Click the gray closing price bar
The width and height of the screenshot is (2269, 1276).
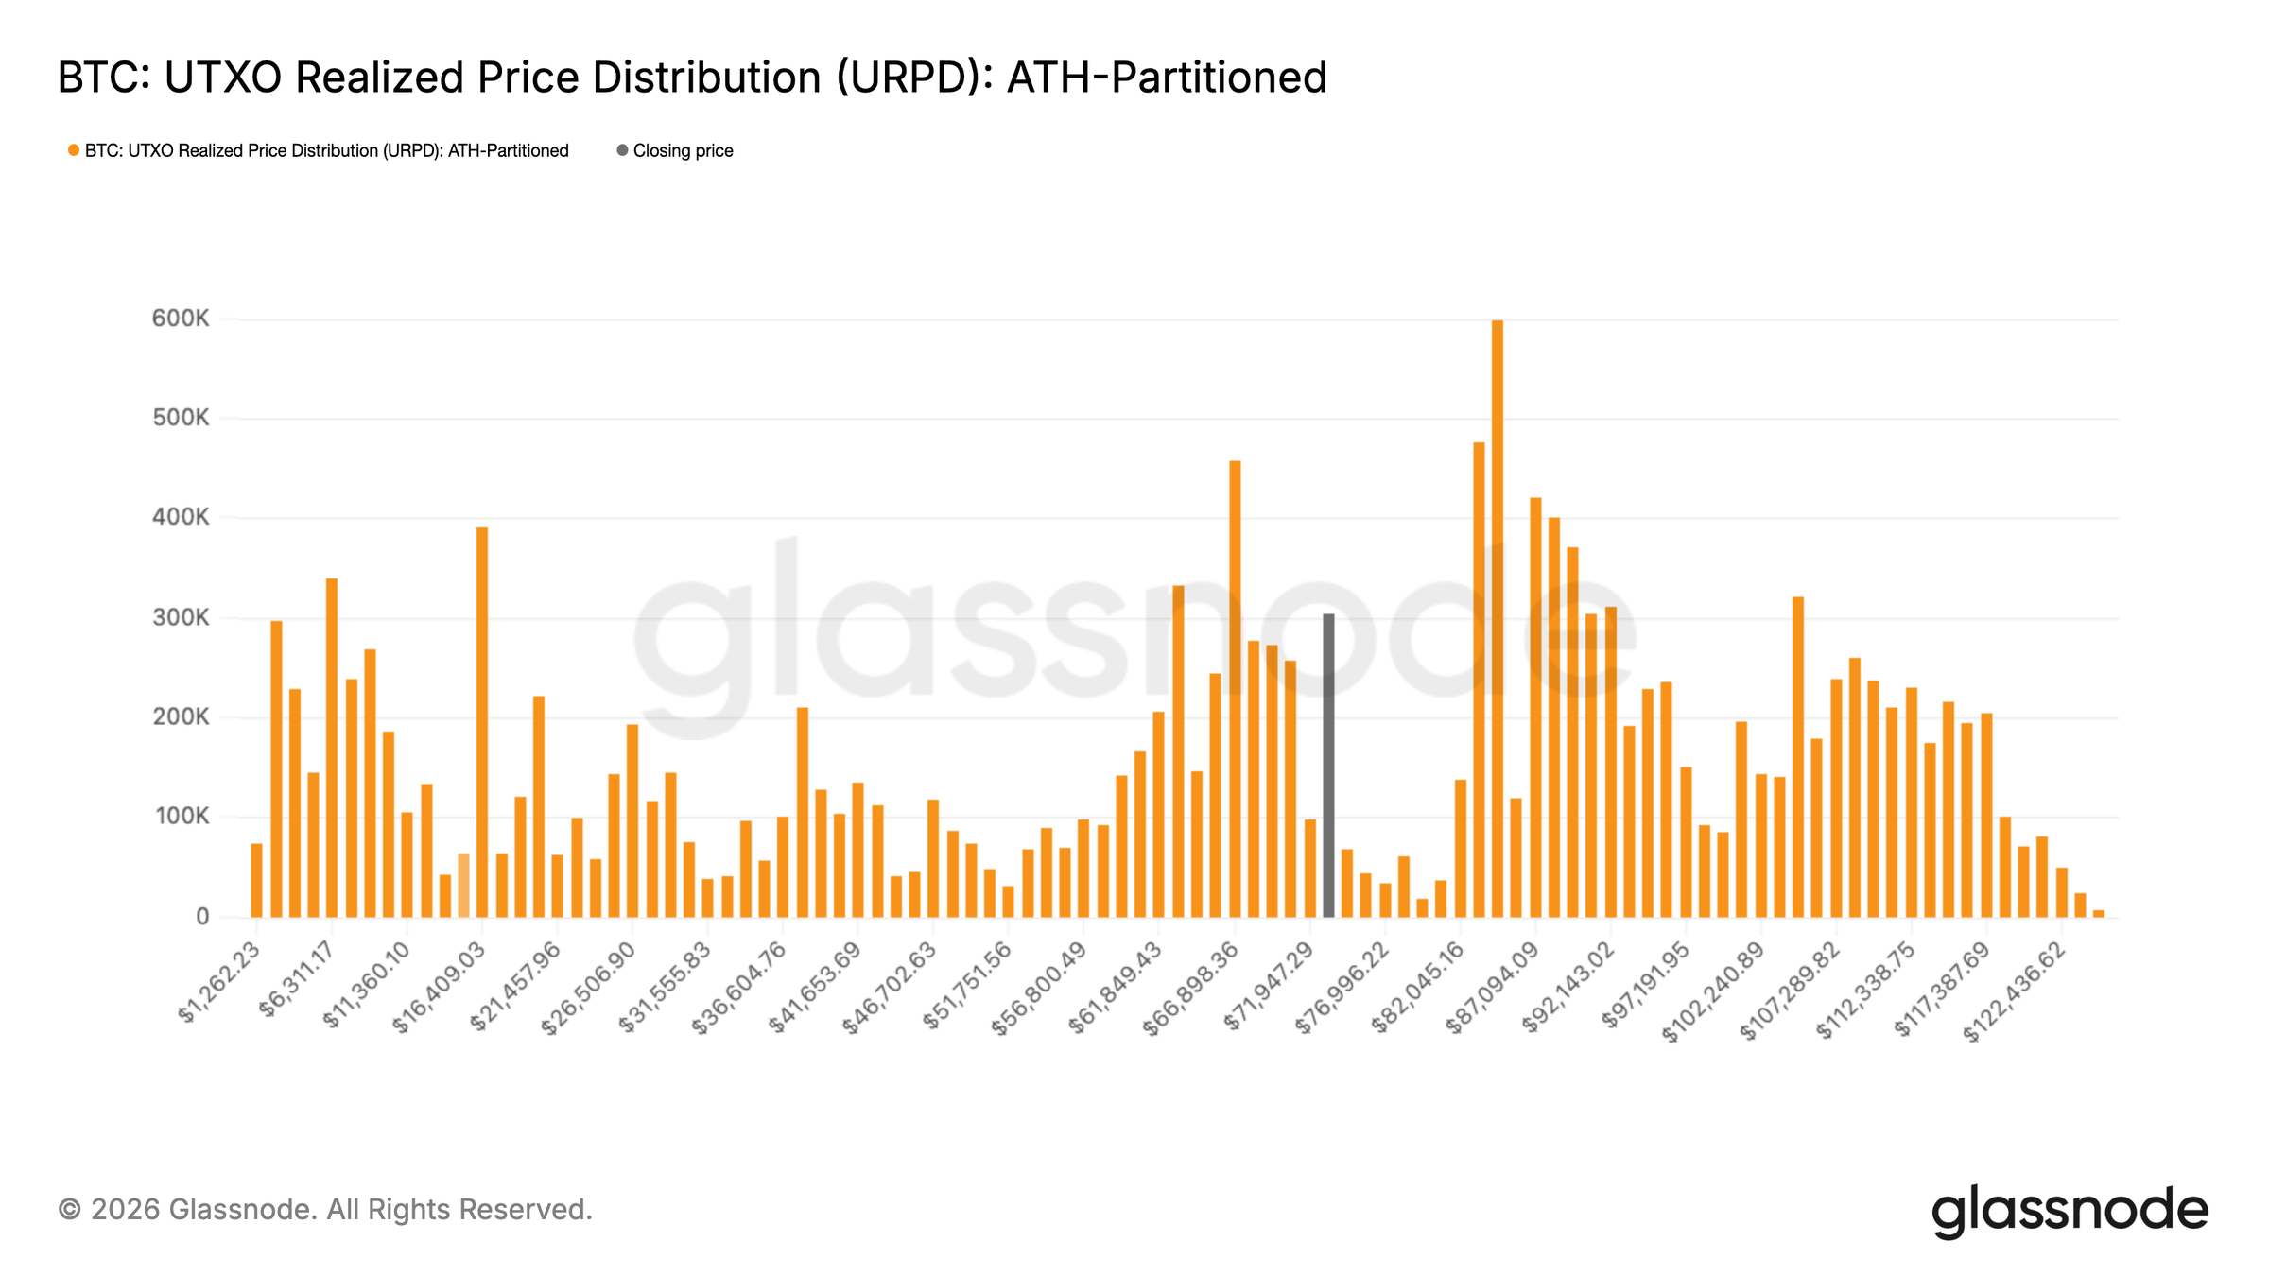[1328, 766]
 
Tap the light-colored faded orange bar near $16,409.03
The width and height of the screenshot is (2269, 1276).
[463, 886]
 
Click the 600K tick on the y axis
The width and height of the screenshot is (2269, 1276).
[181, 319]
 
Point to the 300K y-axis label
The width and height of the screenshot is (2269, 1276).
[181, 618]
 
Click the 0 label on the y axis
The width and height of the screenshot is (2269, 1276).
[202, 917]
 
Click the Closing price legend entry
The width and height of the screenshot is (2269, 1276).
[683, 151]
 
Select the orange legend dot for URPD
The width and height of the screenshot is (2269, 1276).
[73, 151]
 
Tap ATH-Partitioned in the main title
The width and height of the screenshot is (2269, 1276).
[1167, 78]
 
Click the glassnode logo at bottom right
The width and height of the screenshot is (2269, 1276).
[2070, 1211]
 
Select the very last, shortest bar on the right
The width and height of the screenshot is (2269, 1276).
[2099, 913]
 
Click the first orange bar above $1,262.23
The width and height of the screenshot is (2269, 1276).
[256, 880]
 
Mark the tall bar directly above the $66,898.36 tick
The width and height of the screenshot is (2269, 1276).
[1235, 689]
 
